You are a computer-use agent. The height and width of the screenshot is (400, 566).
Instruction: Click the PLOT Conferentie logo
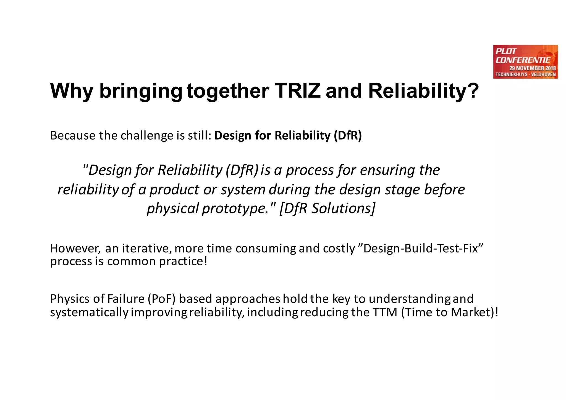[525, 62]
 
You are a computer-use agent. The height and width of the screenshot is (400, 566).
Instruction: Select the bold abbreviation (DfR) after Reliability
[348, 136]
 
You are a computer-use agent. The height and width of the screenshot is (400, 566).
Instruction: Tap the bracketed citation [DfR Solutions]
[327, 208]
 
